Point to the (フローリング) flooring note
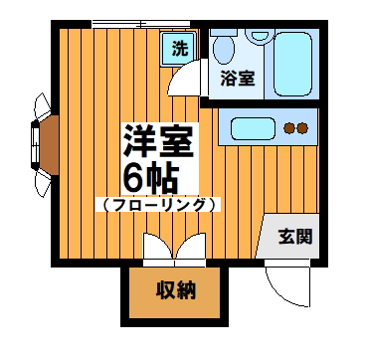[158, 204]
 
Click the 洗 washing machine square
[179, 48]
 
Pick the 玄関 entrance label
[295, 237]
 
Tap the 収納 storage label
[174, 290]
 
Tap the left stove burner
[289, 127]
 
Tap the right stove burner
[304, 127]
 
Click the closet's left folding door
[155, 249]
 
